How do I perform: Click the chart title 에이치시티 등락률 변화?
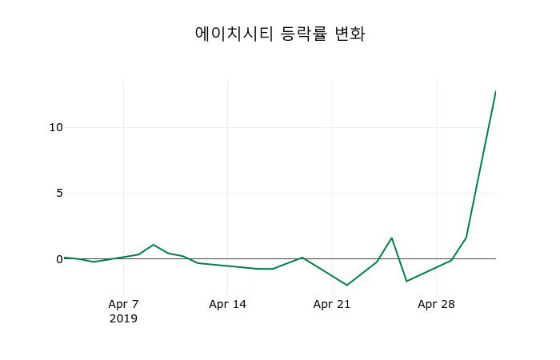tap(280, 34)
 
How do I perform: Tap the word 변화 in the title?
tap(350, 34)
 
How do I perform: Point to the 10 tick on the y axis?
tap(55, 127)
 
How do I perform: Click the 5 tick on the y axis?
tap(58, 193)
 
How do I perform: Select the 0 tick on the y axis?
tap(58, 259)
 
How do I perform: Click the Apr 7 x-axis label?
tap(123, 304)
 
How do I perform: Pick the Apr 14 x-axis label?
tap(227, 304)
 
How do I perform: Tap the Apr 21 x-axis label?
tap(332, 304)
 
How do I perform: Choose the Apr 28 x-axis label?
tap(436, 304)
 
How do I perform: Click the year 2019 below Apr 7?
tap(123, 318)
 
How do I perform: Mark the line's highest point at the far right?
tap(495, 92)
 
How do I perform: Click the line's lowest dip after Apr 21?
tap(347, 285)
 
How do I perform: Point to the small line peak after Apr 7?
tap(153, 245)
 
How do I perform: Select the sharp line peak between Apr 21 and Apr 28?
tap(391, 238)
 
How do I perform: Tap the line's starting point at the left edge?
tap(65, 258)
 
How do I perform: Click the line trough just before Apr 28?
tap(406, 281)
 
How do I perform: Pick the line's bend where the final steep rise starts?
tap(466, 238)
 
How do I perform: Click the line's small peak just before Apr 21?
tap(302, 258)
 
